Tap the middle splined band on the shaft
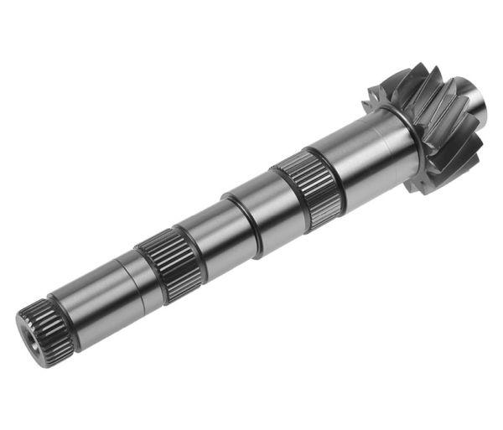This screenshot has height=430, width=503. (x=168, y=264)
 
